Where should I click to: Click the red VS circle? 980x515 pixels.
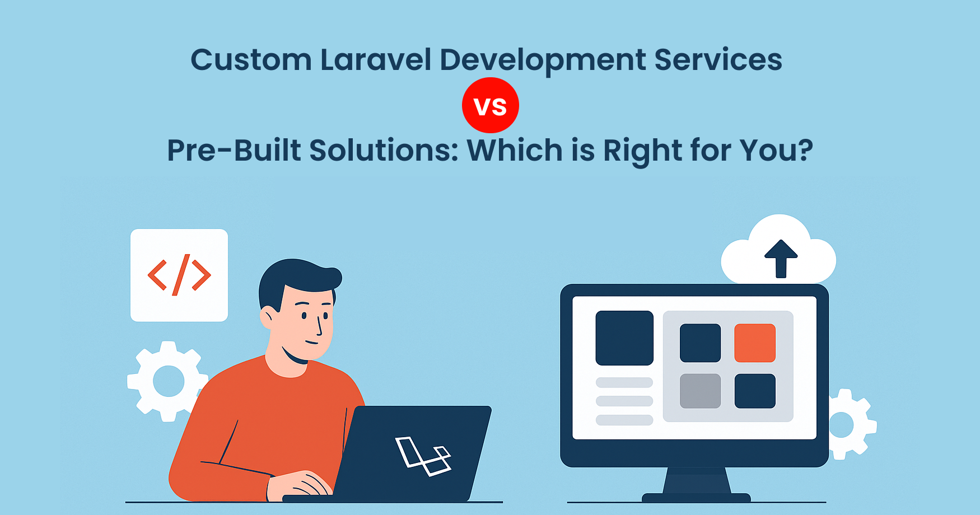coord(491,105)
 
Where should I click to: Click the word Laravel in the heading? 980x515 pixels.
coord(376,59)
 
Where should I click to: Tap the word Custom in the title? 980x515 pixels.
coord(251,60)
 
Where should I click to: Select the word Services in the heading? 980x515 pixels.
coord(718,60)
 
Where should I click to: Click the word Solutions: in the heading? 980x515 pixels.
coord(384,150)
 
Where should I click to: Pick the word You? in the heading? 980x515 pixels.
coord(776,150)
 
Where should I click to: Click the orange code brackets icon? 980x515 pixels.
coord(179,275)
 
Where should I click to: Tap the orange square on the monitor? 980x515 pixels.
coord(755,343)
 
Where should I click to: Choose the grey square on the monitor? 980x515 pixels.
coord(700,391)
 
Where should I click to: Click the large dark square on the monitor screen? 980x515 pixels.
coord(624,338)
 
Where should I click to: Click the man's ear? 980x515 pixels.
coord(268,317)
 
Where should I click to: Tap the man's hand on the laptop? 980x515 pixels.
coord(300,485)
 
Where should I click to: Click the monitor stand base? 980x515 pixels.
coord(696,498)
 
